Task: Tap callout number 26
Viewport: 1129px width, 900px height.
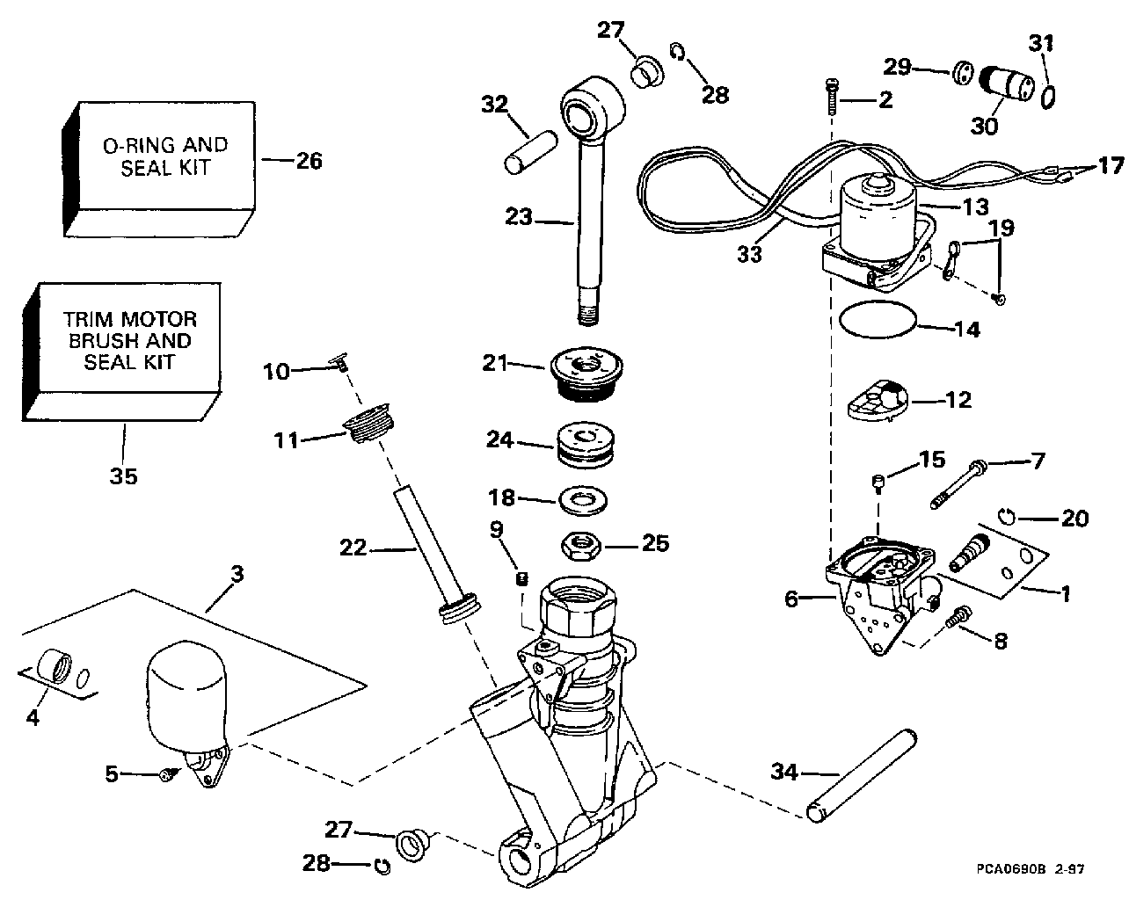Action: point(309,161)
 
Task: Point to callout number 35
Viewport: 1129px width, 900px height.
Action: point(123,475)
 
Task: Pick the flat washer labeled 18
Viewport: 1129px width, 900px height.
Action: point(586,501)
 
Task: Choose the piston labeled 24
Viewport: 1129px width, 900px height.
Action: point(586,446)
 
